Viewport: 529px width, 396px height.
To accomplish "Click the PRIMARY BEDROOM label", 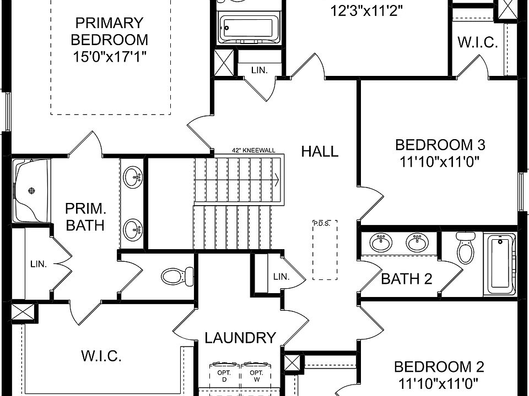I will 110,31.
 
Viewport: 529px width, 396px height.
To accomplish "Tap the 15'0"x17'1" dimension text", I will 110,56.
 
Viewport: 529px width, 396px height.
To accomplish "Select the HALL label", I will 320,152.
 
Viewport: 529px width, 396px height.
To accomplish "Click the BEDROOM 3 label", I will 440,145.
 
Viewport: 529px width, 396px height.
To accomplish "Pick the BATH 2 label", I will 407,279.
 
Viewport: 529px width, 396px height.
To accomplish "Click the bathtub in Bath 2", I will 500,264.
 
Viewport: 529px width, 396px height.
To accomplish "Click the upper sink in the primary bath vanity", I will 133,177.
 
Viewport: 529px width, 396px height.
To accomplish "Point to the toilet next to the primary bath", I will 176,276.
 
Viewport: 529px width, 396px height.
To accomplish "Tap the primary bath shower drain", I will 31,191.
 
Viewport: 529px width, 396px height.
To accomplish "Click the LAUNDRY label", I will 240,338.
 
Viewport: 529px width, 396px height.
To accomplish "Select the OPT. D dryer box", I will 225,376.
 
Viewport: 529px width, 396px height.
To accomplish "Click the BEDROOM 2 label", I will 439,367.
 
